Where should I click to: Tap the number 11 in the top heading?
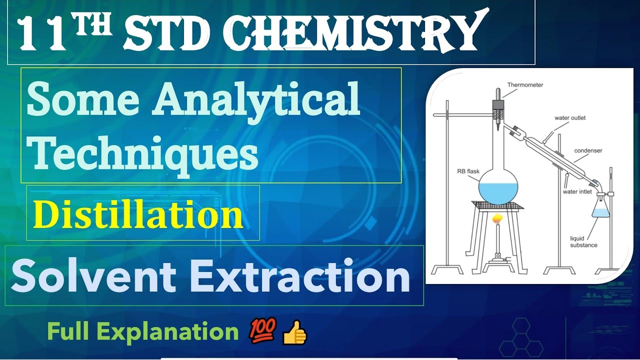click(43, 34)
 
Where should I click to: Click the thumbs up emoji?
click(294, 333)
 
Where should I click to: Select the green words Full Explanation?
click(143, 331)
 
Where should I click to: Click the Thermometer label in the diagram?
click(525, 85)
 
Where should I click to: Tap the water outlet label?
click(570, 118)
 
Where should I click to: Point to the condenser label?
click(588, 150)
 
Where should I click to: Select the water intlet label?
click(577, 191)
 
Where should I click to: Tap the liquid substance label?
click(583, 242)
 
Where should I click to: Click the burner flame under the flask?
click(497, 219)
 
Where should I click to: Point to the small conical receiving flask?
click(601, 208)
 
